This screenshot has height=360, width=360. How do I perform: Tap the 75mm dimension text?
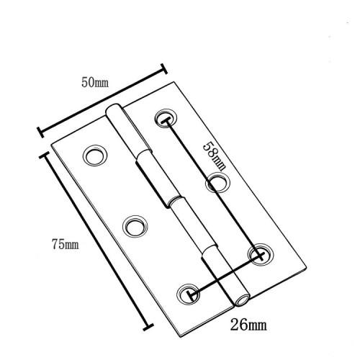(63, 246)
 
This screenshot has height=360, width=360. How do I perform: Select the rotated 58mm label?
(210, 152)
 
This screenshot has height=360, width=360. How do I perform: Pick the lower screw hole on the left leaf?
(132, 226)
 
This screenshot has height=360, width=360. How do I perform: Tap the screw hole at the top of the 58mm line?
(164, 118)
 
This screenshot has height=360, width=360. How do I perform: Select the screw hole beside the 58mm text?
(217, 184)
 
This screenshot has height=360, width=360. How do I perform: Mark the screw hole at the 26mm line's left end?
(189, 292)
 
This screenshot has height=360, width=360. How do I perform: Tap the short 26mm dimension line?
(224, 273)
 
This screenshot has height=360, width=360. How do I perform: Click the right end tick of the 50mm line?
(164, 70)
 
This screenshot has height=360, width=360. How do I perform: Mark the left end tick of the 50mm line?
(39, 132)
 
